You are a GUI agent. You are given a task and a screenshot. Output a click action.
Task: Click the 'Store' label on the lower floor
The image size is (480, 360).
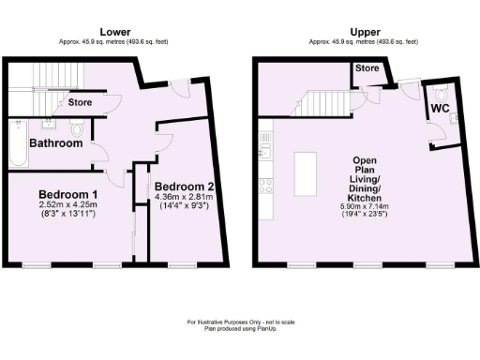click(x=81, y=102)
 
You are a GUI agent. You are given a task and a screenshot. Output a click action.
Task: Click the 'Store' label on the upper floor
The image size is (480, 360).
click(x=367, y=67)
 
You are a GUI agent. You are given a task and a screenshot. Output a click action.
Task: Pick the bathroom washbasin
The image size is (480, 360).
click(x=49, y=126)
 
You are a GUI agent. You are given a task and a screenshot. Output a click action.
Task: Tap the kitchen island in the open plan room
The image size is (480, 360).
click(x=307, y=173)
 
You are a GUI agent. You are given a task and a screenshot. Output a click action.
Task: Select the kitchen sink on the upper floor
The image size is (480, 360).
click(x=265, y=149)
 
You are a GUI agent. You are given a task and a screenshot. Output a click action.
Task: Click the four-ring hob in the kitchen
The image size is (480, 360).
click(x=265, y=184)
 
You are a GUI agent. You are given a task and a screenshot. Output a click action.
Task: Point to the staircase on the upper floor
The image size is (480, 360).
click(x=319, y=98)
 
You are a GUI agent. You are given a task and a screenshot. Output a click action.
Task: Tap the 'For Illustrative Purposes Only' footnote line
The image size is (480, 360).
click(x=239, y=322)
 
